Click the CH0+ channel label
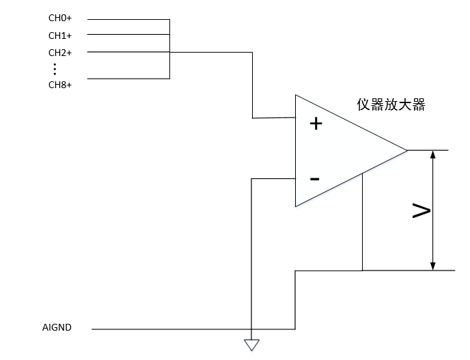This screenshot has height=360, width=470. (x=60, y=20)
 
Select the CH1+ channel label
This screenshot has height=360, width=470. (x=60, y=36)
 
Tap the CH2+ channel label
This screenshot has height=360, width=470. (x=60, y=53)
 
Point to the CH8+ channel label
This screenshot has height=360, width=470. (x=60, y=85)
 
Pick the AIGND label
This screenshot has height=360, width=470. (x=57, y=328)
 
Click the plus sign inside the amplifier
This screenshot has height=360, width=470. (x=316, y=124)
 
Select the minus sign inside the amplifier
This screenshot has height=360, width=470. (x=315, y=179)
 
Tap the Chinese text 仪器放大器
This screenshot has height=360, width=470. (x=391, y=105)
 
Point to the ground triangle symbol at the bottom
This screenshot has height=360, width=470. (x=252, y=345)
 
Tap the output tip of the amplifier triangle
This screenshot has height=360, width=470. (x=406, y=150)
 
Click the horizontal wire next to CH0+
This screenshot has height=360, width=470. (x=128, y=20)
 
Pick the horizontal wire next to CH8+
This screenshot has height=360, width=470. (x=128, y=79)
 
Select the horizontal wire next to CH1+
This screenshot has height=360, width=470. (x=128, y=35)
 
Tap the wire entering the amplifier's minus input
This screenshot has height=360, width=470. (x=273, y=179)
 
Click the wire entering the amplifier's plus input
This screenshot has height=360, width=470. (x=273, y=118)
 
